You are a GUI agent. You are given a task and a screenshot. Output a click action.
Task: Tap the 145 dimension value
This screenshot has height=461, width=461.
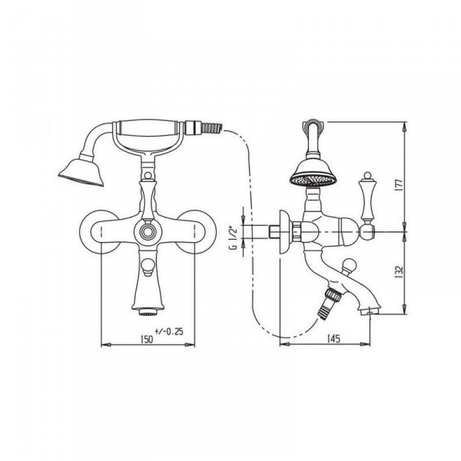pos(333,338)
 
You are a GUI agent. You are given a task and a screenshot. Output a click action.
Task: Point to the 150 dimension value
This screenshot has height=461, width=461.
pos(146,339)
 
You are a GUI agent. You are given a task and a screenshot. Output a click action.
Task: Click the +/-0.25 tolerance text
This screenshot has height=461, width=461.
pos(169,331)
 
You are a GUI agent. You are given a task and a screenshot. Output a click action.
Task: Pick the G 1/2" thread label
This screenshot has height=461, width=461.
pos(233,238)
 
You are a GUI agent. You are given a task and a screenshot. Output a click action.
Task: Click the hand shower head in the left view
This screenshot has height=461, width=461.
pos(81,173)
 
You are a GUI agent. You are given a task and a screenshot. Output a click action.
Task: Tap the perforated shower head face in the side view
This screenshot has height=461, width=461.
pos(313,180)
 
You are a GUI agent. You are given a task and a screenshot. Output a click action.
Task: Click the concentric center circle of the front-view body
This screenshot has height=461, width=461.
pos(147,231)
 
